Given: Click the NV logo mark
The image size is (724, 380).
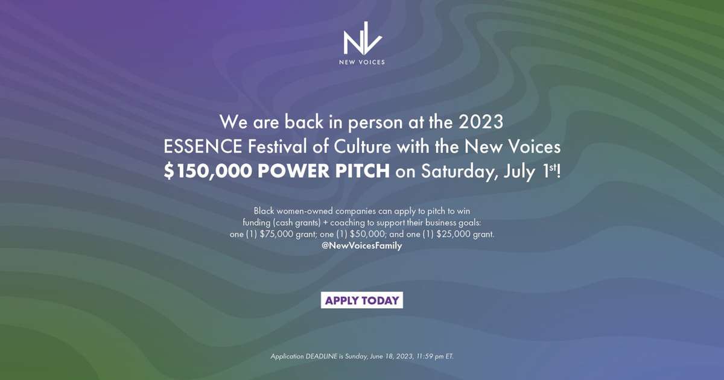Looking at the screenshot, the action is point(363,38).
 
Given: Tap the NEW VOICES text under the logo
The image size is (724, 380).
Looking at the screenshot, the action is point(362,62).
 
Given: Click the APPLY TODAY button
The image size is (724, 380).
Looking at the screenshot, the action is point(362,300).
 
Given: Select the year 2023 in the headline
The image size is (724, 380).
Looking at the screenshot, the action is point(481,122).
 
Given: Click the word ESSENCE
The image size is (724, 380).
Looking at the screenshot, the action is point(203,147).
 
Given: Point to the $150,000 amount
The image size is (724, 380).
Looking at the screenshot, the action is point(208,171).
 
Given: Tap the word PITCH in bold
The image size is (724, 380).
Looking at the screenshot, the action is point(363,171).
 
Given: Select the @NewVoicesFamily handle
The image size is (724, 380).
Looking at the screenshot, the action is point(361,245).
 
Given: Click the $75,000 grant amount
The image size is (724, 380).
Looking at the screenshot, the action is point(276,234).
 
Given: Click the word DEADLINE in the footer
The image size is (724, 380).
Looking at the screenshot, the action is point(321,356).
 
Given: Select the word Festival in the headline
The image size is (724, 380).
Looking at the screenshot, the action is point(278,147).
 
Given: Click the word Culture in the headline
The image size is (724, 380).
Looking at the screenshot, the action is point(363,147).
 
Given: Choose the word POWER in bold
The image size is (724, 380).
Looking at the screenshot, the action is point(293,171).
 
